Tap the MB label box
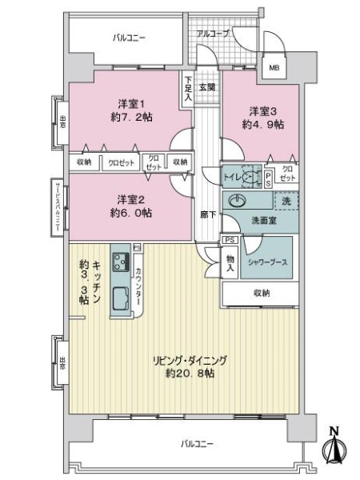(274, 68)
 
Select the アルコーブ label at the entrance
(213, 34)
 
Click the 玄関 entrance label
(207, 86)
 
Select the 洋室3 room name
(262, 110)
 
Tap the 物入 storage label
(230, 262)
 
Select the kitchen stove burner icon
(122, 262)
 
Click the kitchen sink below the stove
(122, 300)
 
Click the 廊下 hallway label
(207, 214)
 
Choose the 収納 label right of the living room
(260, 294)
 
